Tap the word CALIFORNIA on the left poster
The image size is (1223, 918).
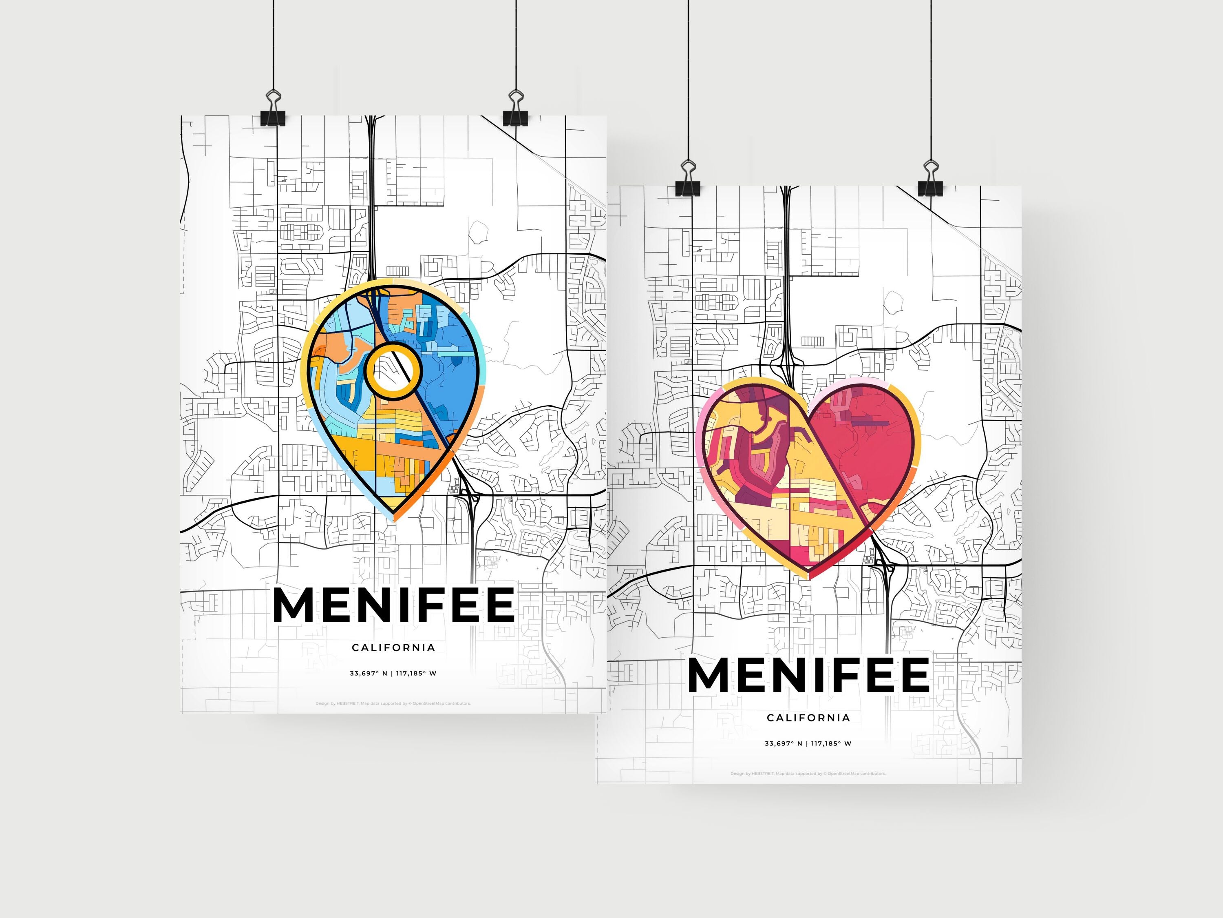click(x=394, y=647)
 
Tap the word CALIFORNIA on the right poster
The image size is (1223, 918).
click(x=808, y=718)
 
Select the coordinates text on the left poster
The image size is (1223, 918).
click(x=393, y=674)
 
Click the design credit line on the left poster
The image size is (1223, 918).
click(x=393, y=704)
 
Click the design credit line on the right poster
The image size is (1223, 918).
click(x=808, y=774)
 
